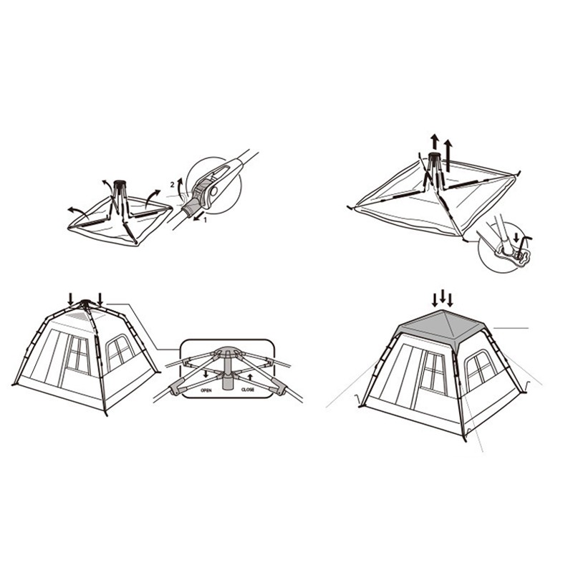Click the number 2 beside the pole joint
(x=173, y=185)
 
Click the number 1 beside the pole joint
(x=205, y=220)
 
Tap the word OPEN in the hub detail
(x=206, y=390)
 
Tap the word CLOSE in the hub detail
(x=248, y=390)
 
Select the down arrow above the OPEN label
(x=206, y=374)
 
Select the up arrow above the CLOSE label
(x=250, y=378)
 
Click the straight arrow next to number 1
(x=198, y=218)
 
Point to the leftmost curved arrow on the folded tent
(x=78, y=211)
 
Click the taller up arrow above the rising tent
(x=448, y=156)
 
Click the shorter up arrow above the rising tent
(x=434, y=142)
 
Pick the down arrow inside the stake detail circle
(x=516, y=239)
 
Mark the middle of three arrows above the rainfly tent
(x=443, y=297)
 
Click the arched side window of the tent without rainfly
(x=120, y=352)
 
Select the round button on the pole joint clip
(x=213, y=191)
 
